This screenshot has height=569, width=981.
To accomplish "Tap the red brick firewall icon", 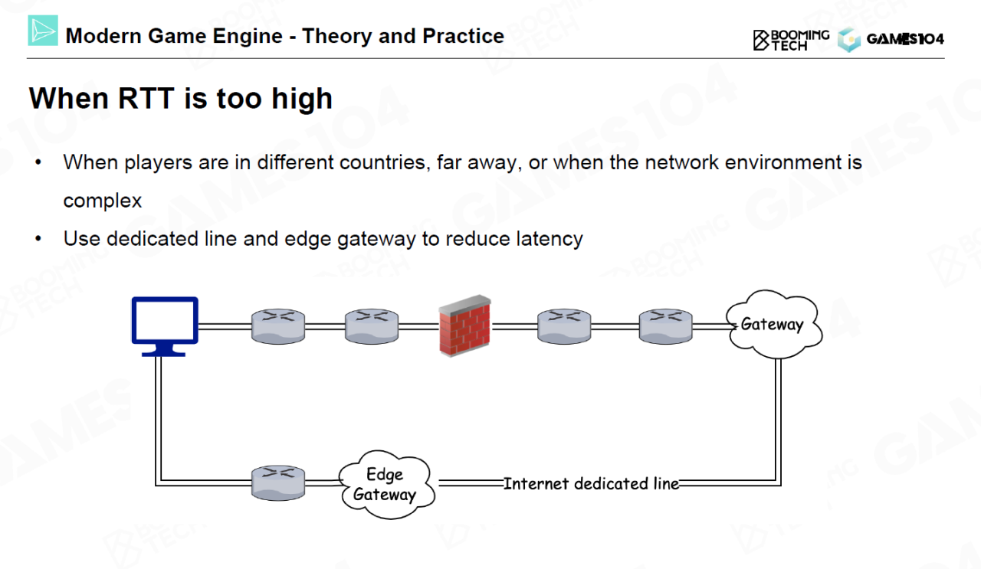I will click(x=464, y=325).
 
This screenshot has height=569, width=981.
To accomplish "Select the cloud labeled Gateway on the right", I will click(x=772, y=325).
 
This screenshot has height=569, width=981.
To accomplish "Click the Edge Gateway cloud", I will click(x=385, y=485).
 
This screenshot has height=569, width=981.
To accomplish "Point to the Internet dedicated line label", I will click(x=591, y=484).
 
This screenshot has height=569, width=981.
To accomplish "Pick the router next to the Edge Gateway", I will click(x=278, y=483).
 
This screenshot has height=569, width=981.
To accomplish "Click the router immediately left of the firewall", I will click(x=371, y=325).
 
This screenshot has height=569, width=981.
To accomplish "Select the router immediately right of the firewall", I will click(x=564, y=325).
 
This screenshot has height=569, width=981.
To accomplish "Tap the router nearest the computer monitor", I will click(x=278, y=325).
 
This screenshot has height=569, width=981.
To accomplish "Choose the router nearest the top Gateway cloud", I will click(x=665, y=325).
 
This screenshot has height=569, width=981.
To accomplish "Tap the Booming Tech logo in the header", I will click(x=791, y=40).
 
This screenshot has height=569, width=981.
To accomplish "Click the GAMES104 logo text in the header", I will click(x=905, y=40).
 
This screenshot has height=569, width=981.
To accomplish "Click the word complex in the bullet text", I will click(x=103, y=201).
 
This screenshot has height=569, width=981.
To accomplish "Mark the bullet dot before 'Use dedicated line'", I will click(x=38, y=239).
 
